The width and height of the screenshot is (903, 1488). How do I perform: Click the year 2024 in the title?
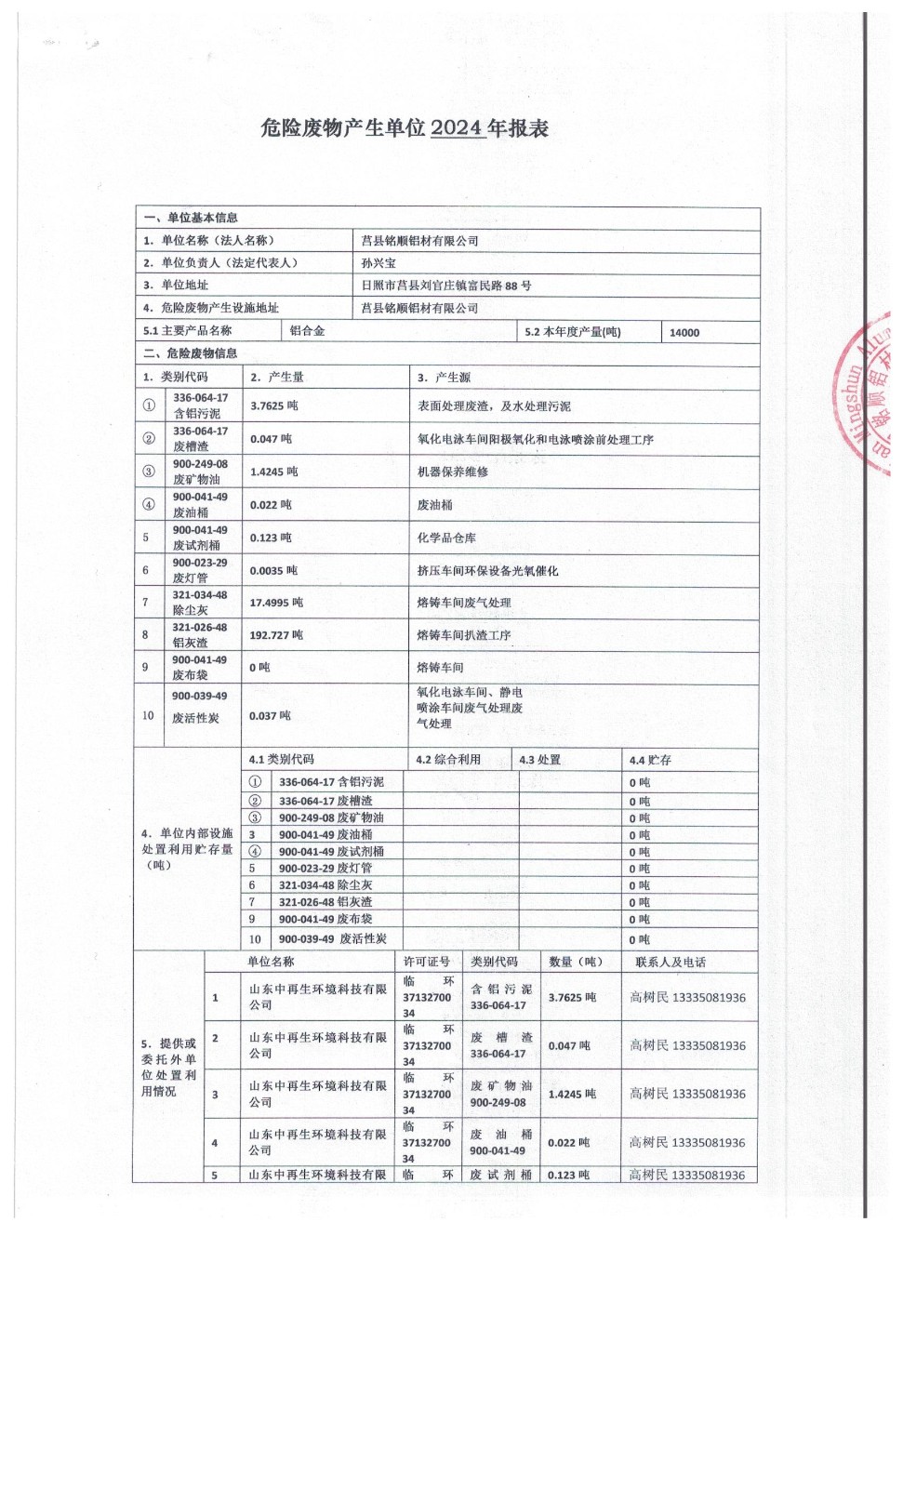point(457,128)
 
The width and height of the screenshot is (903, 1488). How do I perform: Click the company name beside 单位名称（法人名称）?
point(419,241)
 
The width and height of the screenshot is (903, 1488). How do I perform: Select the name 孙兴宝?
point(378,263)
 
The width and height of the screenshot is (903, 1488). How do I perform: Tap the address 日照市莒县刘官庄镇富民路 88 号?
point(446,286)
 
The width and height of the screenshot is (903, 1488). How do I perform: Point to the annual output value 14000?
point(684,332)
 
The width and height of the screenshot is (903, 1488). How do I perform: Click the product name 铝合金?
point(307,331)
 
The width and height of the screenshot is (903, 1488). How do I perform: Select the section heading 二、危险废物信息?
point(190,353)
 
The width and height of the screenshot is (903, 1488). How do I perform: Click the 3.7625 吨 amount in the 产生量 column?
point(274,406)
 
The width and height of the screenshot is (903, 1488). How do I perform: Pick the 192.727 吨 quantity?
point(276,635)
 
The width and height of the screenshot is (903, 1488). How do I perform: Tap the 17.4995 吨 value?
point(276,603)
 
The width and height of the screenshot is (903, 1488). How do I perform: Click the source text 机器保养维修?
point(453,472)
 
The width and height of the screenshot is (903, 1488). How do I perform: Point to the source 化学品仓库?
point(446,538)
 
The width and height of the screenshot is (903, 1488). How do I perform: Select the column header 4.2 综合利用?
point(448,760)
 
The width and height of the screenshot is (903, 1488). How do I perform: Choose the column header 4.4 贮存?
point(650,760)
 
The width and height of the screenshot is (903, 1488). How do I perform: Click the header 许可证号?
point(427,962)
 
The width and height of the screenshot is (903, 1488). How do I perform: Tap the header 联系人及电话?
point(671,962)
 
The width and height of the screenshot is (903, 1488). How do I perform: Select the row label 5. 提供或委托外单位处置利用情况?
point(168,1068)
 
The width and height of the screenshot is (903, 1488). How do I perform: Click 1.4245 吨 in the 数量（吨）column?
point(572,1095)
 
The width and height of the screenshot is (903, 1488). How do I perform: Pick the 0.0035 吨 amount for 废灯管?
point(273,570)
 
